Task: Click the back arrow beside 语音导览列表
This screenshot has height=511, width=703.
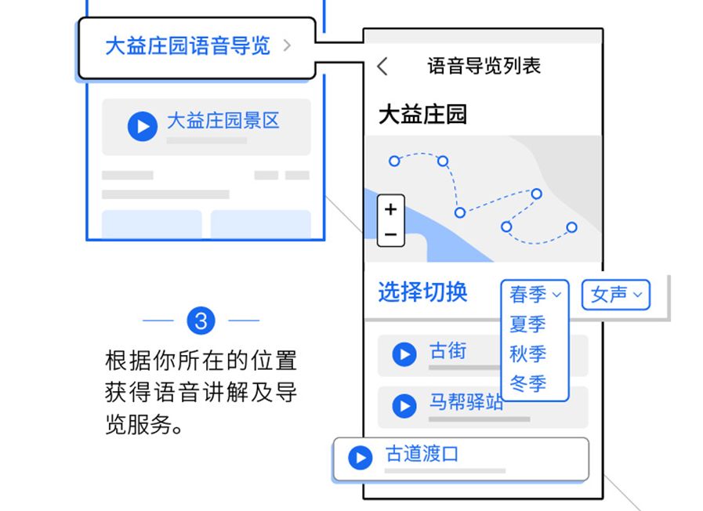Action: coord(382,66)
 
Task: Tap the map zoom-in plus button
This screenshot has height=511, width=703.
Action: coord(391,209)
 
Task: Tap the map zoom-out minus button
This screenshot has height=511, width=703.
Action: coord(391,234)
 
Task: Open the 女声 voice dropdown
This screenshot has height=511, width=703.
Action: coord(616,295)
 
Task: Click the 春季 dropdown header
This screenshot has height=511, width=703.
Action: coord(535,295)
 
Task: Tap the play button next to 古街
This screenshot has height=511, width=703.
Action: coord(404,355)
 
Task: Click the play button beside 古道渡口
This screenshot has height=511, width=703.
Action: coord(361,458)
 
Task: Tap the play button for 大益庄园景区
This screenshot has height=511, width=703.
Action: coord(143,125)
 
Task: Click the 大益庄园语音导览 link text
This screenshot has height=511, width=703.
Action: coord(187,45)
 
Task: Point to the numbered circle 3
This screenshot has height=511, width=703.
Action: coord(201,321)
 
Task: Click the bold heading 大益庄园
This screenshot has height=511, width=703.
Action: coord(422,114)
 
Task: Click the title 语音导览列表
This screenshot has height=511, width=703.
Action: coord(484,65)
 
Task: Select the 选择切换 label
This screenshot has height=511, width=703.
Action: coord(422,292)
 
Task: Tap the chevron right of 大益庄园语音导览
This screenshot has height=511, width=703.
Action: coord(287,45)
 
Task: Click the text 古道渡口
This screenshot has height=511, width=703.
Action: coord(422,455)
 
